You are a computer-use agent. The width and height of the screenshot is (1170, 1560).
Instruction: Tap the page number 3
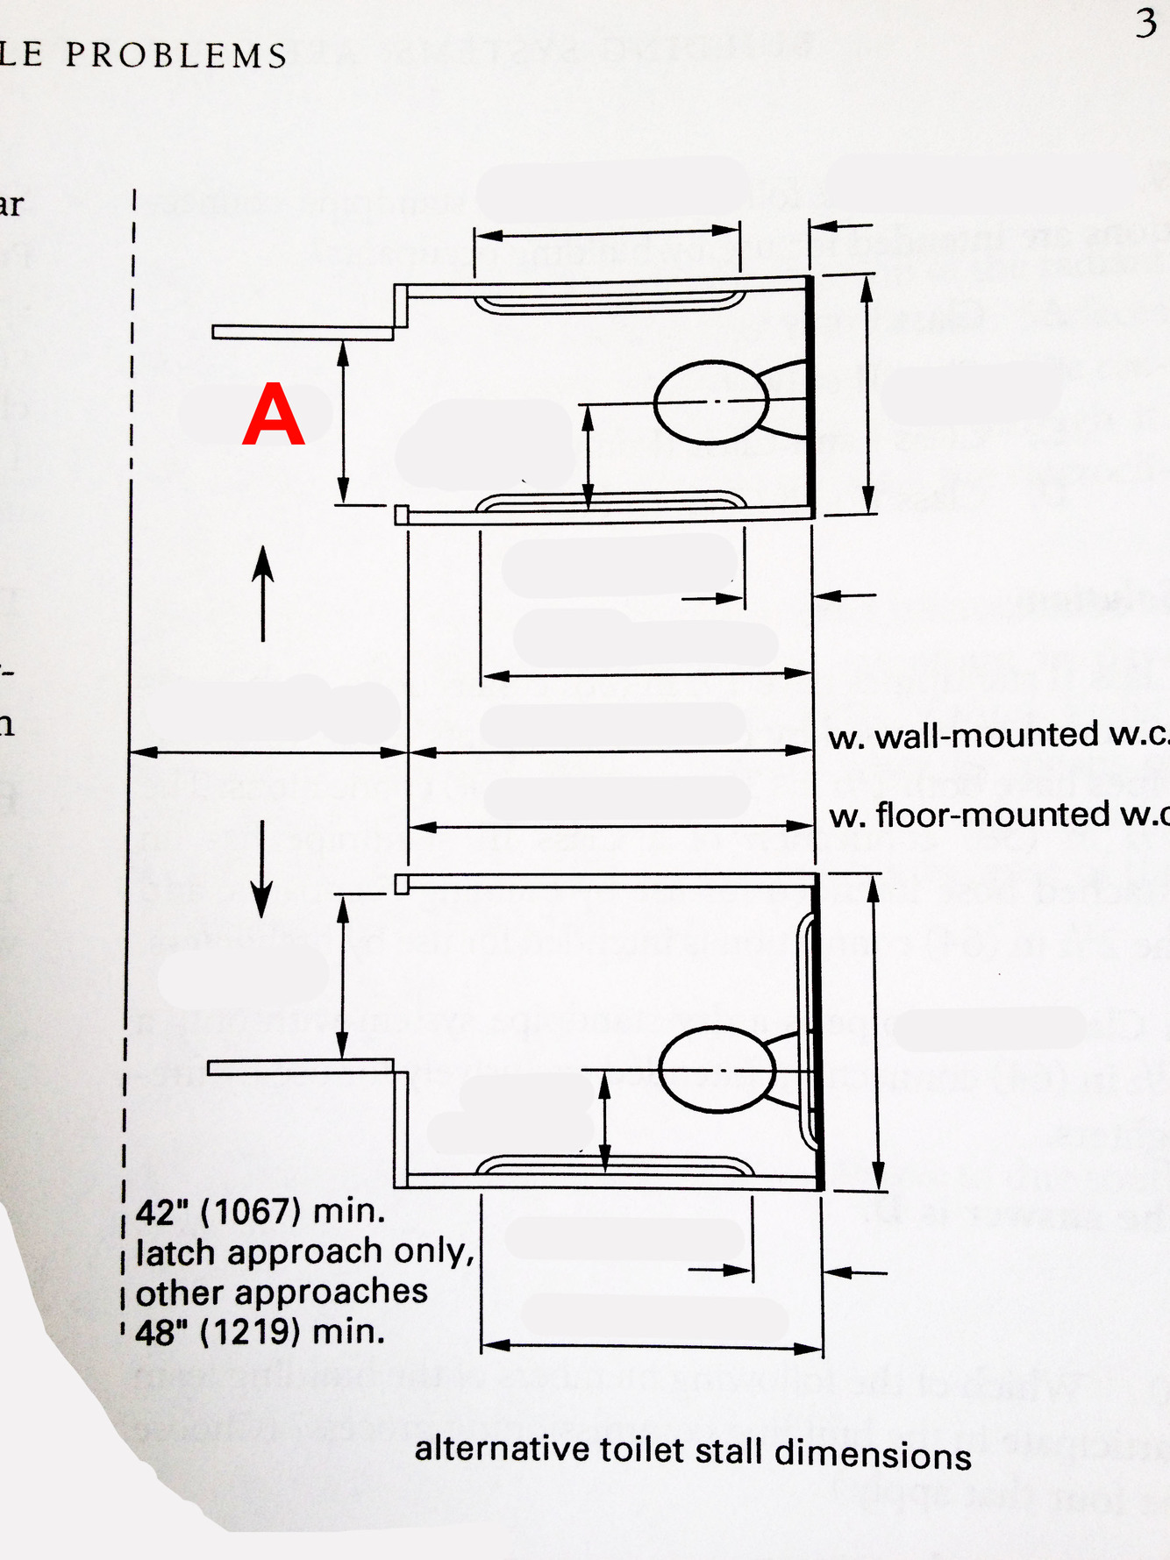coord(1145,24)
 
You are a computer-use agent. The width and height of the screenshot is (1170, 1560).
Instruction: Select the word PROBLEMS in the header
coord(176,56)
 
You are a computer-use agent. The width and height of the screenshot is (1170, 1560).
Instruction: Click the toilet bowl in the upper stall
coord(711,402)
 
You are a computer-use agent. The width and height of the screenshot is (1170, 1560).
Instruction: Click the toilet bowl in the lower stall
coord(717,1070)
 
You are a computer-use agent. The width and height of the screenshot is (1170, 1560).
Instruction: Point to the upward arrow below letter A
coord(263,592)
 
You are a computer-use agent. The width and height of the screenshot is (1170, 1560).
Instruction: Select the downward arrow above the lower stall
coord(261,868)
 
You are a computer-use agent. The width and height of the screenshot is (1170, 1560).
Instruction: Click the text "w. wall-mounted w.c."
coord(998,736)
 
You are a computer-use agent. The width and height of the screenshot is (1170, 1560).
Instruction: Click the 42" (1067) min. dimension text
coord(260,1212)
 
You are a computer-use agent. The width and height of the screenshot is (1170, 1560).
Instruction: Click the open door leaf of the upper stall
coord(302,332)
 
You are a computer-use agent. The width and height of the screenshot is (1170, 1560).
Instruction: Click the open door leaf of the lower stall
coord(300,1066)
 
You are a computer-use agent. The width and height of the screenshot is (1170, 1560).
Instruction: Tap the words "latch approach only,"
coord(305,1252)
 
